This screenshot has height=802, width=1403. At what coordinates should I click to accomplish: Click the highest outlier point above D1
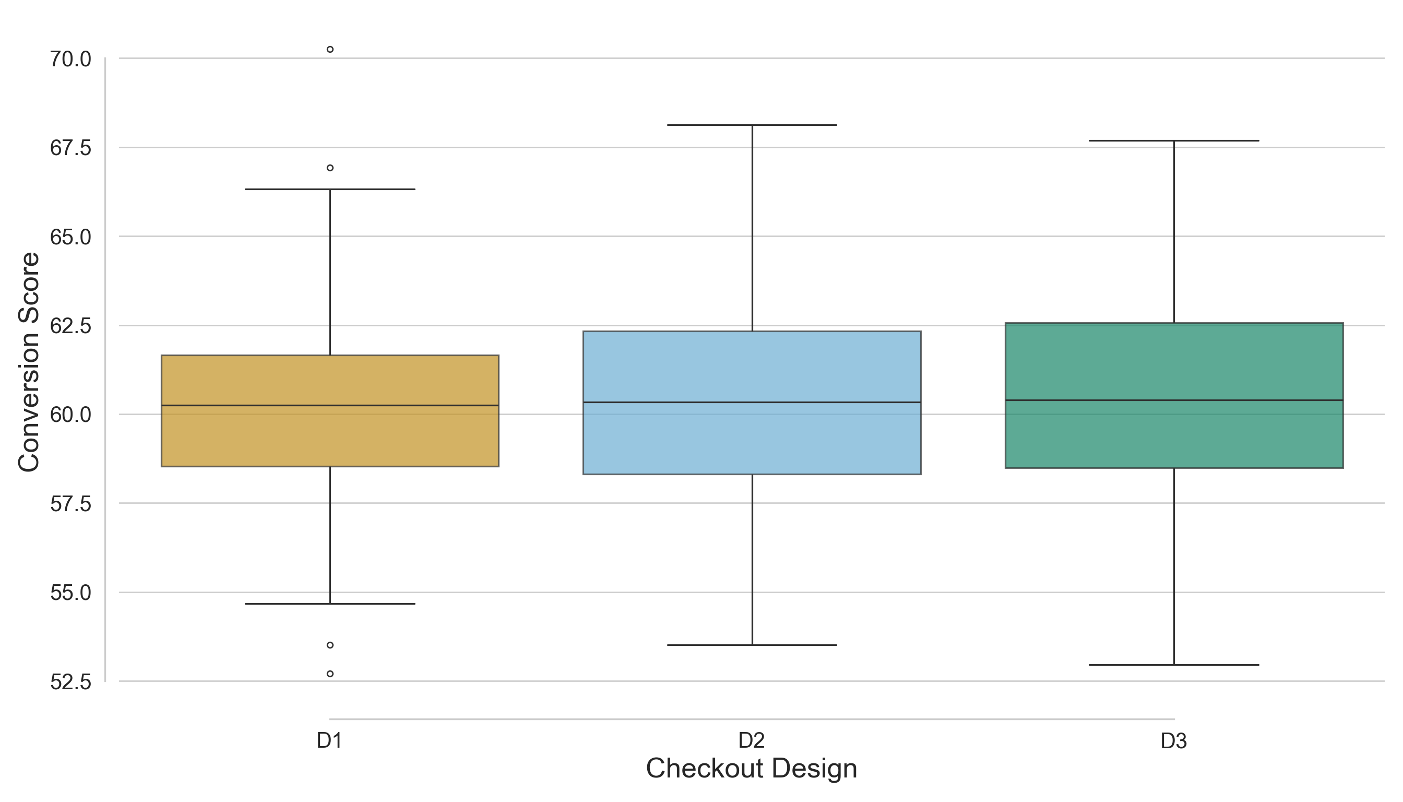point(330,50)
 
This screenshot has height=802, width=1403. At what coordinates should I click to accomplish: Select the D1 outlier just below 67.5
point(330,168)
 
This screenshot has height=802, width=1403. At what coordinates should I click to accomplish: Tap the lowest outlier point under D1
point(330,674)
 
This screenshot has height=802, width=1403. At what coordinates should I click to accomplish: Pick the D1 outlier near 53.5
point(330,645)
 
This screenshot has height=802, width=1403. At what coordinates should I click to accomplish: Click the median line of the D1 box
point(330,405)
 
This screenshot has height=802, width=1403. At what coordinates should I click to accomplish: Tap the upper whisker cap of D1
point(330,189)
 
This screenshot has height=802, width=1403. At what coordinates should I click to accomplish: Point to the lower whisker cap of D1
point(330,604)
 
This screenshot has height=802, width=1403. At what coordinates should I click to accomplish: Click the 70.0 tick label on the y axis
point(70,59)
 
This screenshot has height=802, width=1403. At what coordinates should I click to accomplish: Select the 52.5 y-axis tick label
point(70,682)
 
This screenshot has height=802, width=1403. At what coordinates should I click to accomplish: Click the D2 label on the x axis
point(752,741)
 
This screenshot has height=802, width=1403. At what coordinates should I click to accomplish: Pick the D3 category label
point(1173,741)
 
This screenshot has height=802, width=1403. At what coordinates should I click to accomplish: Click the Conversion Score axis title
point(29,362)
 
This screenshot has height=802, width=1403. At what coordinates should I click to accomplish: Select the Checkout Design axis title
point(752,769)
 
